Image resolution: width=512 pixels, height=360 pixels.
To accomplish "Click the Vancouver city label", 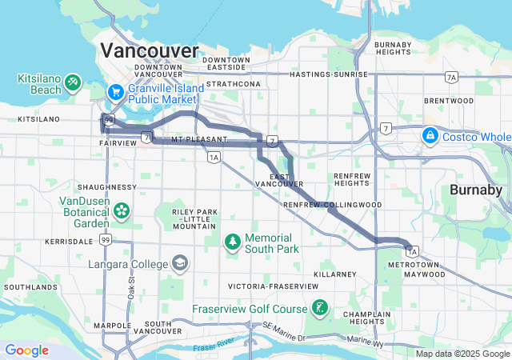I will coord(149,50).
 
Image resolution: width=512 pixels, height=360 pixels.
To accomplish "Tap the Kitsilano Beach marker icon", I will coord(73,82).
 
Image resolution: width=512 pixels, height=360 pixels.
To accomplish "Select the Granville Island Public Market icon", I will coord(115,92).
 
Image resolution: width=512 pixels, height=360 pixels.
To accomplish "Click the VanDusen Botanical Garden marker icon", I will coord(122,211).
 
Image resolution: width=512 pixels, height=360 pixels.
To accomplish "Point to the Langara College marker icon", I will coord(180,263).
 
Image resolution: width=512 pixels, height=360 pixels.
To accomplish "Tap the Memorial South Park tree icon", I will coord(232,240).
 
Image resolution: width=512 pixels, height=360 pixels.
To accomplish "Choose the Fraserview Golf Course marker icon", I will coord(319,308).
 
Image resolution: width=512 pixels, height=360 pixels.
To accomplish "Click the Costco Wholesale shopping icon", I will coord(430,134).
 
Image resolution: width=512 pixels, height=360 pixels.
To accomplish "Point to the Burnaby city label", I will coord(475,190).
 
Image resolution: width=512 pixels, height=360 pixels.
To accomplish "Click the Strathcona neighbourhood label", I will coord(233,83).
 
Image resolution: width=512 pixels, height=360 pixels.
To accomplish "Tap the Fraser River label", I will coord(214,346).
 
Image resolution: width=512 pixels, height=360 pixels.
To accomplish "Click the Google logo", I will coord(26,350).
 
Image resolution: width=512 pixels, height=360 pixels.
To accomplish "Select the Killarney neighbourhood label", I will coord(334,274).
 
